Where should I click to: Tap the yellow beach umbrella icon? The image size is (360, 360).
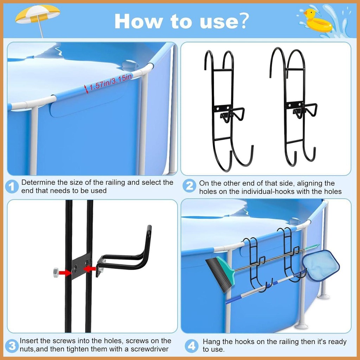point(38,16)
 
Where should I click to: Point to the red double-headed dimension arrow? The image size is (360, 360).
point(86,89)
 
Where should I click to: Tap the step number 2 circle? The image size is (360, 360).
point(189,186)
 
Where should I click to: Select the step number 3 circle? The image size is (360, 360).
point(12,346)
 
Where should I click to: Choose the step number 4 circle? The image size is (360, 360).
point(192,346)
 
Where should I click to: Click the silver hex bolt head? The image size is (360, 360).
point(56,272)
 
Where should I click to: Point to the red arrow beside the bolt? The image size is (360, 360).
point(65,273)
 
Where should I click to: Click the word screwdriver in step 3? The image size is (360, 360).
point(150,349)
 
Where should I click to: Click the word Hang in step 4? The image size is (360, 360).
point(211,342)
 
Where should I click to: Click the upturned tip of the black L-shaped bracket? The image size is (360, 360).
point(149,227)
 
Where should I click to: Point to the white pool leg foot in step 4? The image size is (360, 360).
point(301,326)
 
